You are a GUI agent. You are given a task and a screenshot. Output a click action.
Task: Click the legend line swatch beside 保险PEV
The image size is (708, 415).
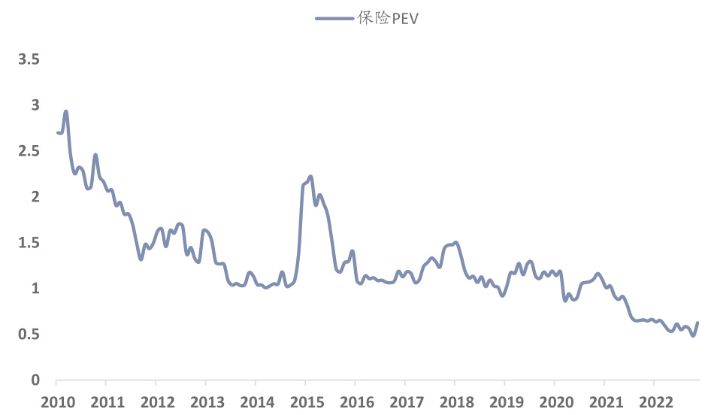334,19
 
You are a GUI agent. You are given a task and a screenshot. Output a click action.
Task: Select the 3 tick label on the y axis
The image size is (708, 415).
35,105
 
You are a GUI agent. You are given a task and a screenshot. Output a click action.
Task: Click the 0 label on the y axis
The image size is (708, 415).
35,380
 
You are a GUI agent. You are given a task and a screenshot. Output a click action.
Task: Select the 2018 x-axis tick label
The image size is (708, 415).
454,401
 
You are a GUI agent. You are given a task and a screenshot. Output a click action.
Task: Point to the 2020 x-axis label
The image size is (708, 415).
554,401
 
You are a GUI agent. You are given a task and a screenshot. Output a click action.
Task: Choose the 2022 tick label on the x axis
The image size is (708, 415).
653,401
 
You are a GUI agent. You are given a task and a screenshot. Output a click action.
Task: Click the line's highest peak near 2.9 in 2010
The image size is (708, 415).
66,111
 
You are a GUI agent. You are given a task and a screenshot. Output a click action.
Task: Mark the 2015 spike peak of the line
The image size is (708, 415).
310,177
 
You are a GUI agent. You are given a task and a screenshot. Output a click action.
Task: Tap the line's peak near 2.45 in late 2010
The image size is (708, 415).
95,155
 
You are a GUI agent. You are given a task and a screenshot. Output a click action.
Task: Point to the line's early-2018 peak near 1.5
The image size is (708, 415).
456,242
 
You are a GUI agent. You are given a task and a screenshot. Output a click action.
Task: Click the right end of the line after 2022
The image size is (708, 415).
697,323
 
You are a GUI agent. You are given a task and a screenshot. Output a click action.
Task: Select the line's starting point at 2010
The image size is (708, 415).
57,132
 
